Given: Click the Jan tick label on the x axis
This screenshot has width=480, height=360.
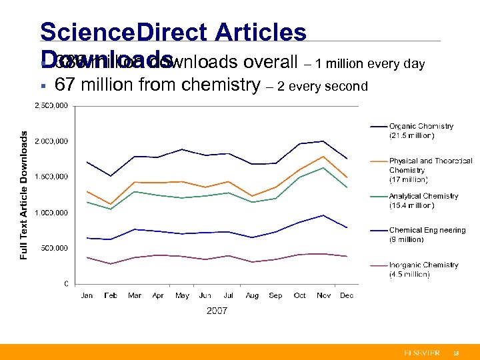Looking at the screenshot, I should (x=87, y=295).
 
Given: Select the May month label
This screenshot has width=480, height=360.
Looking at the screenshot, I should (x=182, y=295).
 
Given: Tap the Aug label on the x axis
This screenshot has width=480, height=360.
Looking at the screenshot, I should (x=252, y=295).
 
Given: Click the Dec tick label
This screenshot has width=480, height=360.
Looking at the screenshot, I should (x=347, y=295).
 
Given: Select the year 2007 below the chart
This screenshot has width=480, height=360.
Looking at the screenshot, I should (x=217, y=311).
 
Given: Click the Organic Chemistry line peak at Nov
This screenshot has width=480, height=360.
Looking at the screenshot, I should (x=323, y=141).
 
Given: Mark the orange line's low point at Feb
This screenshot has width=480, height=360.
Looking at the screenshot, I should (x=111, y=204).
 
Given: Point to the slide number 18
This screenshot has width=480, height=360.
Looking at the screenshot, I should (x=456, y=353).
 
